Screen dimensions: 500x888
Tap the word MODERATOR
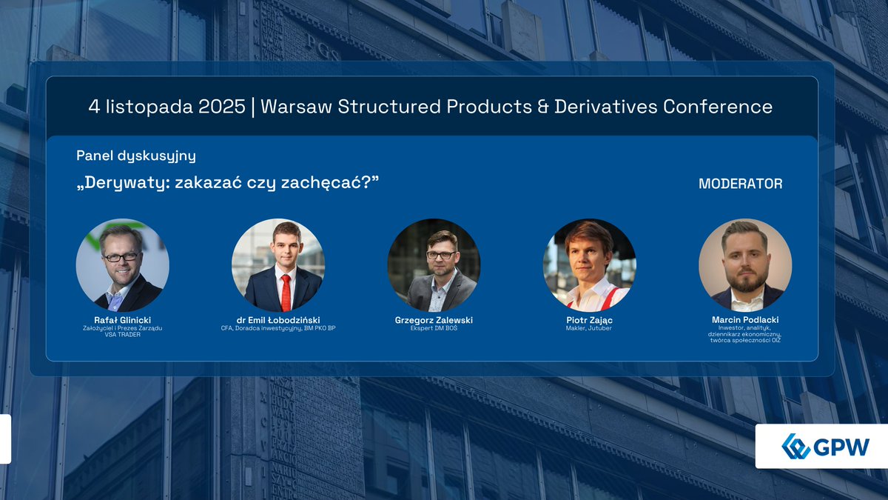point(740,184)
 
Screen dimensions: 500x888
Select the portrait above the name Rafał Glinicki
point(123,264)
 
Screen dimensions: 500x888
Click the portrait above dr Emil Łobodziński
point(278,264)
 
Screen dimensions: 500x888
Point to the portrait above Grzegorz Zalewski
point(434,264)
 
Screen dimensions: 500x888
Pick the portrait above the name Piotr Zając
point(589,264)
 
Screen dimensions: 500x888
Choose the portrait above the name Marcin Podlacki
point(745,264)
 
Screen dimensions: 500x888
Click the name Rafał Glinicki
point(123,320)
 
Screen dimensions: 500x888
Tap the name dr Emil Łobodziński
point(278,320)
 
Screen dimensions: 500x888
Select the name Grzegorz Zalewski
point(434,320)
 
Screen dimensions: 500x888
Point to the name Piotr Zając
point(589,320)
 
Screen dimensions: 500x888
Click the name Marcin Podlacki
point(745,320)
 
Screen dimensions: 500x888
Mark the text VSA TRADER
point(123,335)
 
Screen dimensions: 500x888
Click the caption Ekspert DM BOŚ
point(434,328)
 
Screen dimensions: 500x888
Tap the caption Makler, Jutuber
point(589,328)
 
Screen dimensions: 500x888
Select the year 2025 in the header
point(222,107)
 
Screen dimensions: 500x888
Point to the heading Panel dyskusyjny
point(136,156)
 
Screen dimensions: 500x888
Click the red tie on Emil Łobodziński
point(286,293)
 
